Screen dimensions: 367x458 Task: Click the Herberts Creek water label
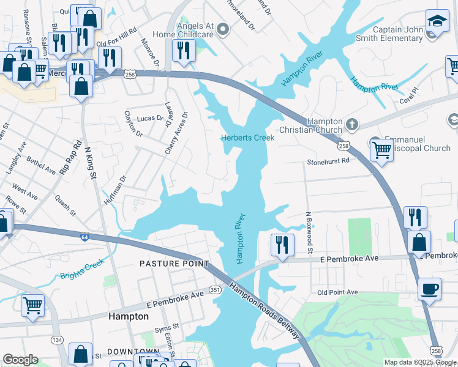(x=247, y=138)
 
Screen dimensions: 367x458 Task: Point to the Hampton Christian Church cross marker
(x=351, y=125)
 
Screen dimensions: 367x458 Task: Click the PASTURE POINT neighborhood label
(x=174, y=264)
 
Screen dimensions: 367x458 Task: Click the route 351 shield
(x=214, y=289)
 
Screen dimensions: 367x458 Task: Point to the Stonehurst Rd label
(x=328, y=161)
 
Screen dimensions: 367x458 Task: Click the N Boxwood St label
(x=310, y=233)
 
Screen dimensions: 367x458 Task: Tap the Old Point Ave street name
(x=337, y=292)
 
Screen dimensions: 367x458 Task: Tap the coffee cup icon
(x=429, y=288)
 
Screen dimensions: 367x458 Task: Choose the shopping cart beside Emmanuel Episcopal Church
(x=381, y=149)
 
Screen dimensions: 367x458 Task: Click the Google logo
(x=20, y=360)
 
